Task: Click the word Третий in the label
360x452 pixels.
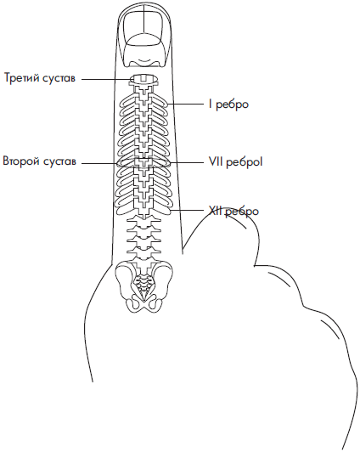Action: pos(21,78)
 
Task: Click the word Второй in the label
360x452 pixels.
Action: pos(21,161)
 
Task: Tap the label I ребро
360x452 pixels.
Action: pos(228,105)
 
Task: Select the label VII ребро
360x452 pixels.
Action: pos(236,162)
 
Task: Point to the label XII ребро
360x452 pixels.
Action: pos(233,212)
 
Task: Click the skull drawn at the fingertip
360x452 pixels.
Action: pos(143,38)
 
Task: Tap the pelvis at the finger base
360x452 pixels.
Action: pos(143,286)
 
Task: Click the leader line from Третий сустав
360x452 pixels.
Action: pos(108,79)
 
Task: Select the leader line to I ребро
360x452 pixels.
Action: pos(186,105)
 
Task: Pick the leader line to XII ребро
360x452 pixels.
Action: pos(188,211)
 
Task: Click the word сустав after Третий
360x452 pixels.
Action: pos(59,78)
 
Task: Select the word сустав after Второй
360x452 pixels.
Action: pos(60,161)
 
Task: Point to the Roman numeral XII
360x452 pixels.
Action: pos(215,211)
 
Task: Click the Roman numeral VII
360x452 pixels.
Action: pos(216,161)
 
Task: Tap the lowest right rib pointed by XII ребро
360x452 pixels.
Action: pos(162,211)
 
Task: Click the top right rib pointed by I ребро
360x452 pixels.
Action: pos(160,102)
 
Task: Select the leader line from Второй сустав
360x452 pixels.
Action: pos(99,163)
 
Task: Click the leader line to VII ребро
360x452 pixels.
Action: pos(187,162)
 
